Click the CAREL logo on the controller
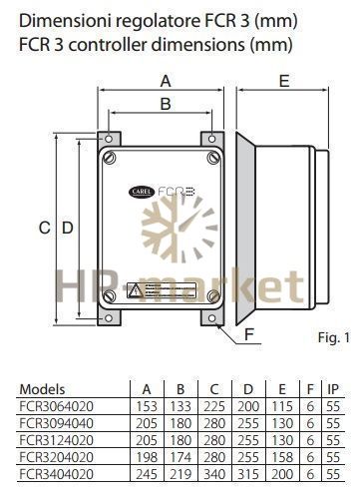click(x=142, y=192)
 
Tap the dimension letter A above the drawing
click(x=166, y=81)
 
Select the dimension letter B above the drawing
click(x=166, y=104)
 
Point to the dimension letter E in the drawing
click(x=284, y=81)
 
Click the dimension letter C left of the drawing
click(x=45, y=228)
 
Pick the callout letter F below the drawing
click(x=249, y=334)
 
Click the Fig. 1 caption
click(x=334, y=337)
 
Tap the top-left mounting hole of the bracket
click(x=109, y=139)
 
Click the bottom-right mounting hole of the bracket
click(x=211, y=318)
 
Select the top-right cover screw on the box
click(x=213, y=158)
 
